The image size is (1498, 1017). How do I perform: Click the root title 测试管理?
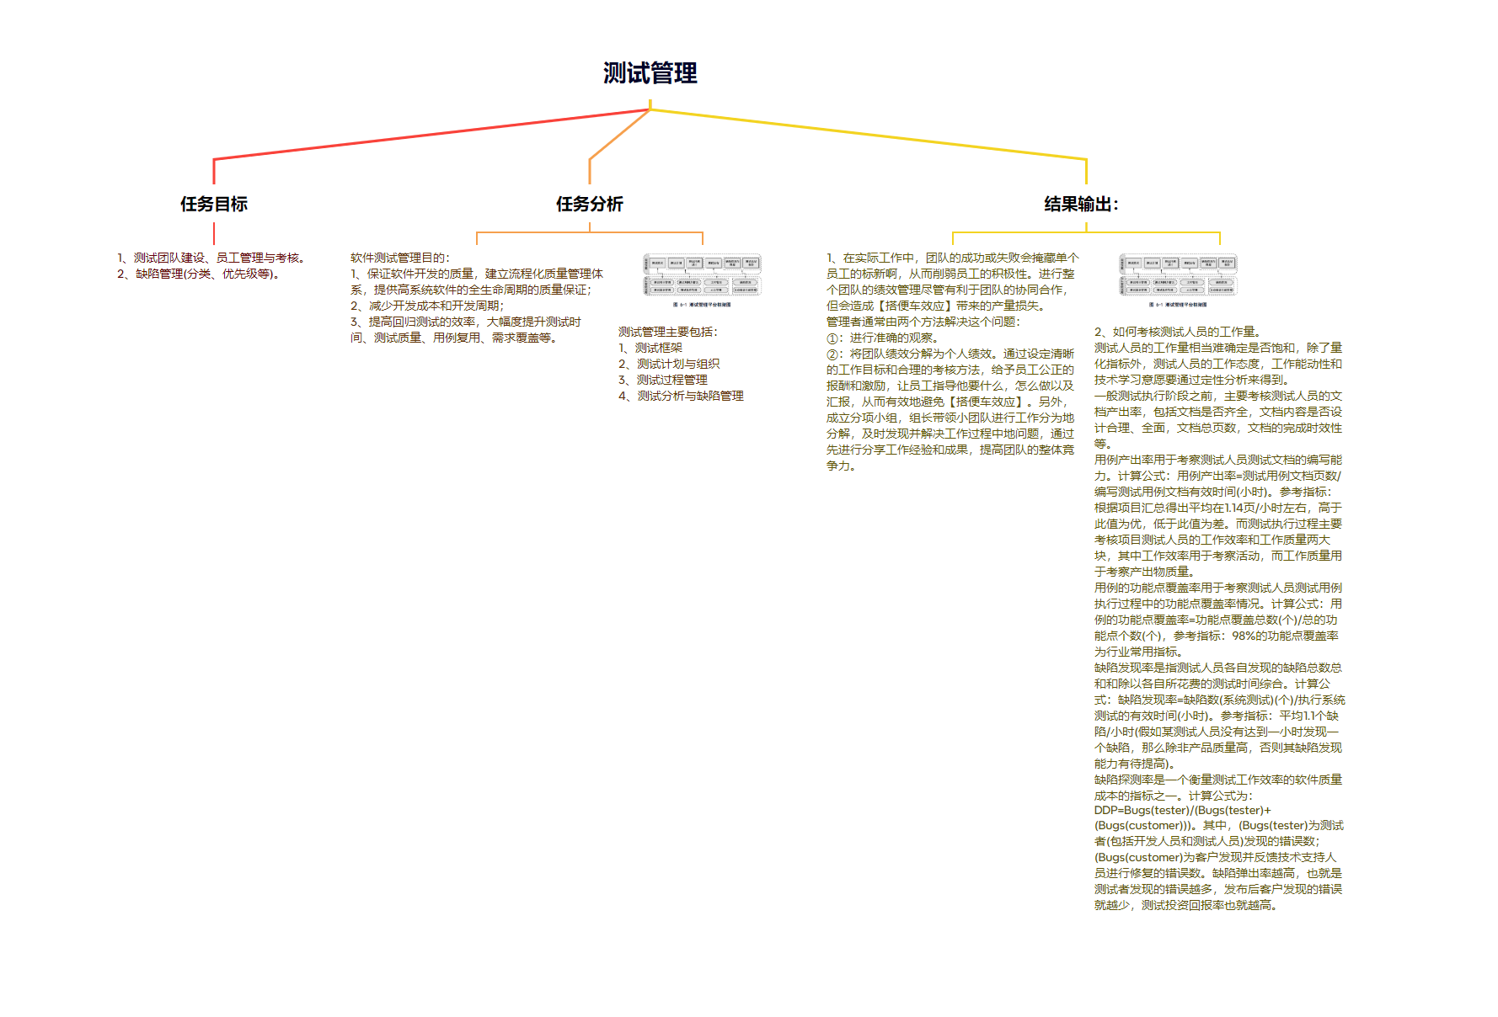650,73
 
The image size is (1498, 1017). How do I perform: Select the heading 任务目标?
214,204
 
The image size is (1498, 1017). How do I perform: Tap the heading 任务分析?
589,204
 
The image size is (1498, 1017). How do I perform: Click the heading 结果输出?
1081,204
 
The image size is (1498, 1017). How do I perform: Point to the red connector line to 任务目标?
421,135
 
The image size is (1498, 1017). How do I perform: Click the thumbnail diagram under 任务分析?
702,280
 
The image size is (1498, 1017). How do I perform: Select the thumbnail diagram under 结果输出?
1178,280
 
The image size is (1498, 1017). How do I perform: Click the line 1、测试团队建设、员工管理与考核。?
211,258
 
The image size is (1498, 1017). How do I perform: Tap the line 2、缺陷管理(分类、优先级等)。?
199,274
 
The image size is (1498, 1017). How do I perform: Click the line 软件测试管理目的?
400,258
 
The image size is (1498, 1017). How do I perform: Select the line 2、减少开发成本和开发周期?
427,306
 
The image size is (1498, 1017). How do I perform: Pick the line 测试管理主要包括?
668,332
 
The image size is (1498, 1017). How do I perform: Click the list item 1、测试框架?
650,348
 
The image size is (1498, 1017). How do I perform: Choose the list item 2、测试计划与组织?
669,364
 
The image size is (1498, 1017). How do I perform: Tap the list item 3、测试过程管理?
663,380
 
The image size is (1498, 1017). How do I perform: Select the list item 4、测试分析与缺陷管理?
681,396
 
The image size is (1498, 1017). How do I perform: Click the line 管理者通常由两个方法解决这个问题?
923,322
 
